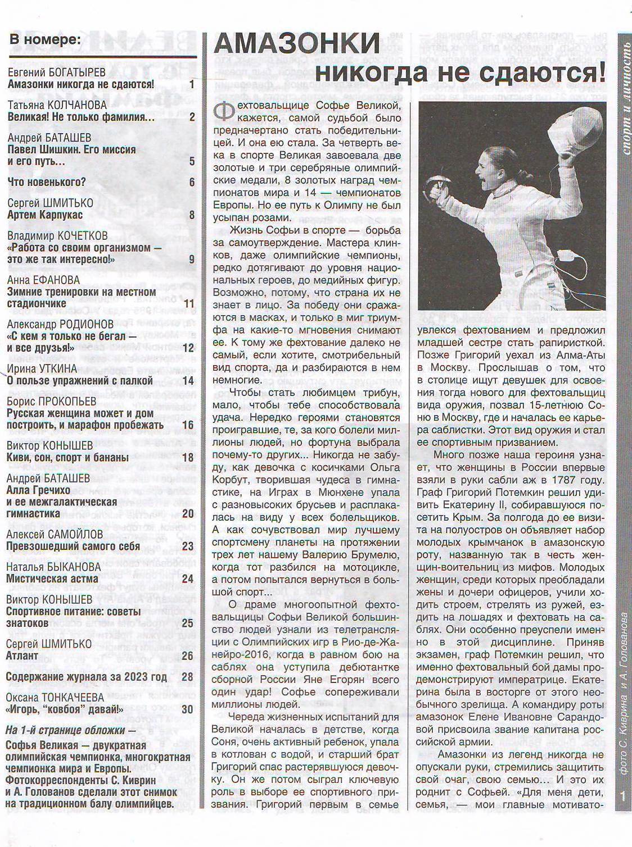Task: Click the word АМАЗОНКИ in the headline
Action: [x=297, y=44]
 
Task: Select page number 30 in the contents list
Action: [x=187, y=709]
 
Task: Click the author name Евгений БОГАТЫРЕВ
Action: [x=57, y=73]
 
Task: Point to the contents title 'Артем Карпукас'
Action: [x=45, y=215]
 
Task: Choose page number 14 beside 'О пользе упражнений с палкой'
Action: [x=188, y=381]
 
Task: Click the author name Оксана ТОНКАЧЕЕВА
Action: [x=55, y=698]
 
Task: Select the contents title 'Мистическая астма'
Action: [x=52, y=579]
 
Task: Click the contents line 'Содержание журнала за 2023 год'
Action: [x=87, y=676]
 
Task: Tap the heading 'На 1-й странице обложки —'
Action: [x=71, y=730]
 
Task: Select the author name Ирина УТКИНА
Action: [x=42, y=369]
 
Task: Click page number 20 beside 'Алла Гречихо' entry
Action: [x=188, y=513]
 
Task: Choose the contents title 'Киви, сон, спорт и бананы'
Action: [x=67, y=458]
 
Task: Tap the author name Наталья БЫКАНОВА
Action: [x=54, y=567]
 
